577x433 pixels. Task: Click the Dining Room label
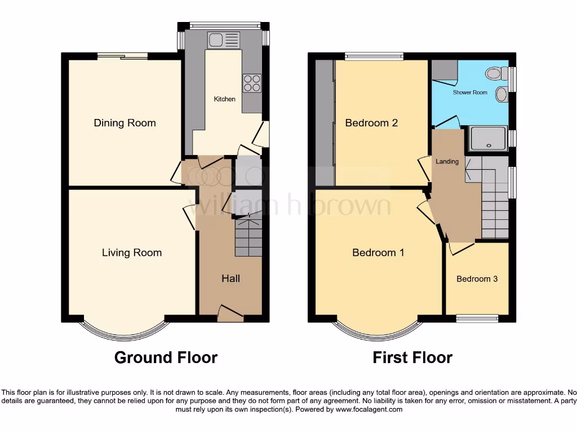point(125,123)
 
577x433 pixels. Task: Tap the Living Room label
point(132,253)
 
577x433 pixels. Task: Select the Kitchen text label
point(224,99)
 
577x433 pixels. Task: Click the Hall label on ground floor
point(230,279)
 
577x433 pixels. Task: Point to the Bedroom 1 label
point(378,253)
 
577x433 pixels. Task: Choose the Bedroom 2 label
point(371,123)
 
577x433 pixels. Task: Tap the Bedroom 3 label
point(477,279)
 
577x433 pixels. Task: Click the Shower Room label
point(470,92)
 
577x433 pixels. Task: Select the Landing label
point(447,162)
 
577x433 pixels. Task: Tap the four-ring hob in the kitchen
point(252,83)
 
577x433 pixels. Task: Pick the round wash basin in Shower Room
point(500,94)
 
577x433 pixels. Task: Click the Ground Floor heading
point(166,357)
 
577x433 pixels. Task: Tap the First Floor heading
point(412,357)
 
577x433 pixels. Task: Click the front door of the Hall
point(230,316)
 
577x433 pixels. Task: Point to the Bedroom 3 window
point(477,318)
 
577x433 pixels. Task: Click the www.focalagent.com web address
point(369,409)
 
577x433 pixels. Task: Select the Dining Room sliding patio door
point(122,55)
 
